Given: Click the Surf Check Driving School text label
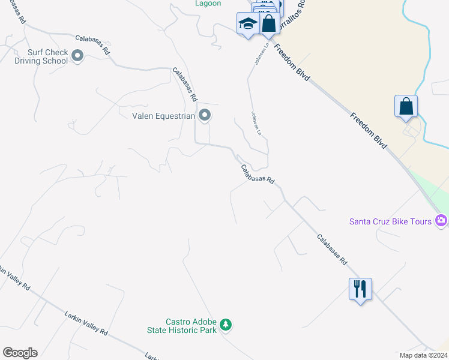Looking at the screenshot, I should point(41,56).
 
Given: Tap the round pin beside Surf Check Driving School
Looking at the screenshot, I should point(77,56).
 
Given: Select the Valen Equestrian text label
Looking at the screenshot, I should point(164,115).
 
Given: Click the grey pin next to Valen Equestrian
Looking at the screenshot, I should point(205,115).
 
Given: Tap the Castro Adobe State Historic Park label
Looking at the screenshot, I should point(182,326).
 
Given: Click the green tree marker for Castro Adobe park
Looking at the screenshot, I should point(226,325).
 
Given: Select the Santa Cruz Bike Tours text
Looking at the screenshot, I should point(391,221).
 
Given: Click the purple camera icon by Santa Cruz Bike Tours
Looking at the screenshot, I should point(442,221).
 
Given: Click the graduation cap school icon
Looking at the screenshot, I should point(247,24).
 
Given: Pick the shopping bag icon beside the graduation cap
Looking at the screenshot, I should point(269,25).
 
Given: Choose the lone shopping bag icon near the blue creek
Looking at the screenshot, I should point(406,106).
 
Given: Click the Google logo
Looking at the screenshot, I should point(20,353).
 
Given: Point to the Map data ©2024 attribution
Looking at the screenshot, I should point(424,355).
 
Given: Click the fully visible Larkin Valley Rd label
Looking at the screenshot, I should point(86,323).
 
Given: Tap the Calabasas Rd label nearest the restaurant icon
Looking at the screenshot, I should point(332,250).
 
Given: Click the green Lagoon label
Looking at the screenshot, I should point(208,4).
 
